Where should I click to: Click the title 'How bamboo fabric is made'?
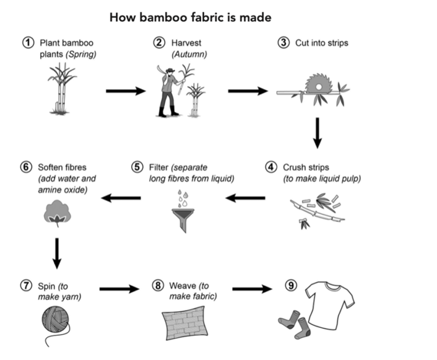[x=190, y=17]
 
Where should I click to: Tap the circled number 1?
[x=27, y=43]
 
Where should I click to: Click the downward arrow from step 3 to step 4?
[x=318, y=133]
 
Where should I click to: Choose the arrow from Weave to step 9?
[x=252, y=288]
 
